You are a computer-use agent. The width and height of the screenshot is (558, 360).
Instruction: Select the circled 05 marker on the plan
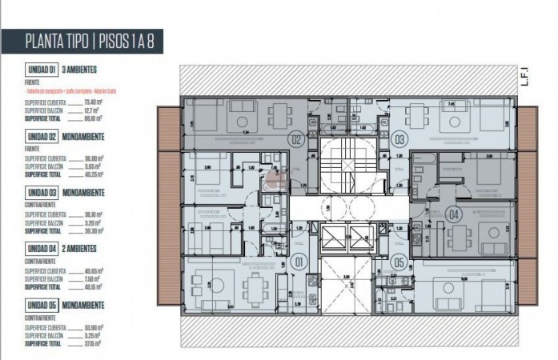tap(399, 259)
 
